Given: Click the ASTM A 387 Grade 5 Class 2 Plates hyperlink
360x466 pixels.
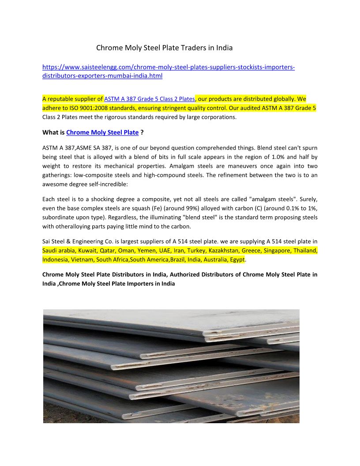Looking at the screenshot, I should click(x=149, y=99).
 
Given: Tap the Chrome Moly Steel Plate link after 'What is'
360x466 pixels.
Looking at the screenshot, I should click(x=102, y=132).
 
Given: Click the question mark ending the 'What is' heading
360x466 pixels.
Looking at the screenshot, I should click(x=142, y=132).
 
